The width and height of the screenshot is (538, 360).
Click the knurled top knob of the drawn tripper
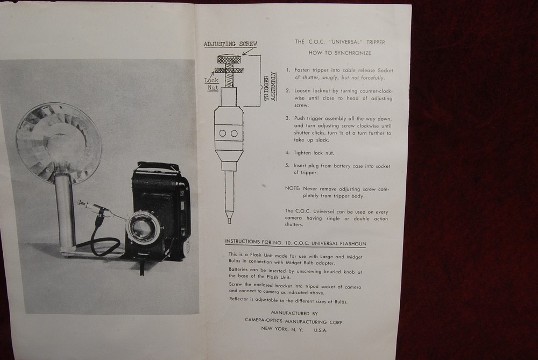(x=228, y=59)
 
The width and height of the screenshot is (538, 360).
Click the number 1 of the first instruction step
(x=288, y=70)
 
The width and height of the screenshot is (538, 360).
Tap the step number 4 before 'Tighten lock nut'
(x=288, y=152)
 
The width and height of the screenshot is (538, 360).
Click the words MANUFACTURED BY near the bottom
(x=294, y=313)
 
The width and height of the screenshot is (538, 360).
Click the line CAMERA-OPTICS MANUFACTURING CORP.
(x=294, y=321)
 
